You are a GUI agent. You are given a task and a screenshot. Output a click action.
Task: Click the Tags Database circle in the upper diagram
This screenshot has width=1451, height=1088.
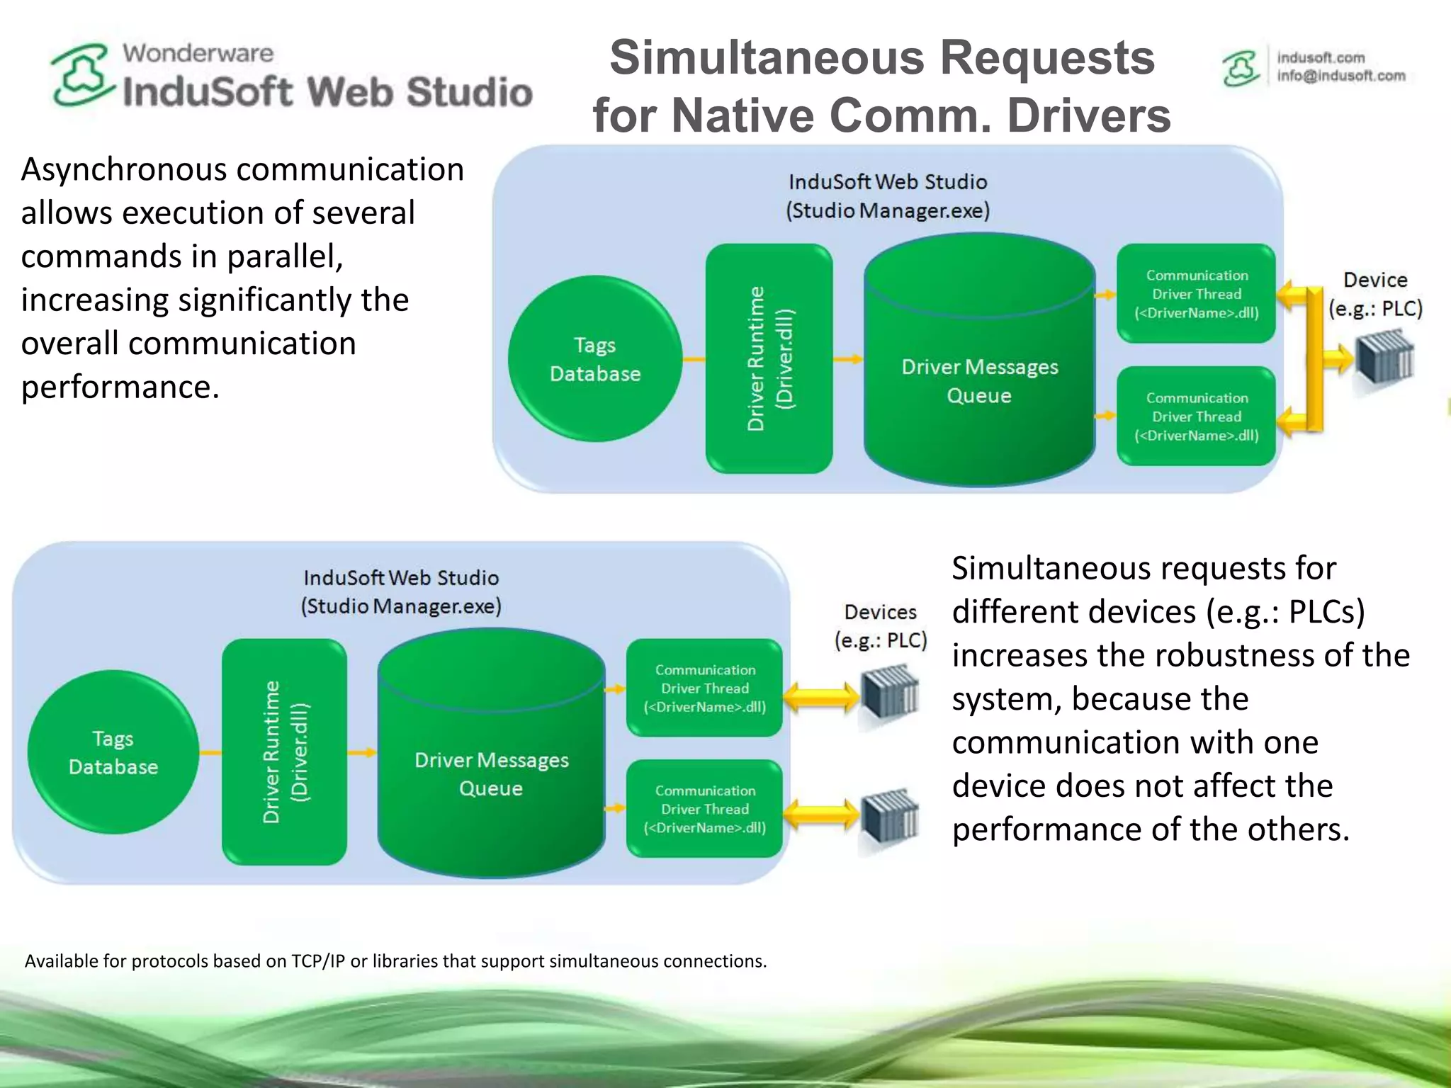click(595, 359)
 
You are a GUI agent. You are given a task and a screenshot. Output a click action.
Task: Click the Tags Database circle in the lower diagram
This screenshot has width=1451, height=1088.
click(113, 752)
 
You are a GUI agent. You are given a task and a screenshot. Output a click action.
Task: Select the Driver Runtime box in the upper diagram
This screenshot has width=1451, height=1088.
click(769, 358)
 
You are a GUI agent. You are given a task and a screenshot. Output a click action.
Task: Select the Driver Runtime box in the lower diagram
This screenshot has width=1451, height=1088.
click(284, 752)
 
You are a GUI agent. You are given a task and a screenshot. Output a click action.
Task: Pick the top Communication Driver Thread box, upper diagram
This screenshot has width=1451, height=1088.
click(1197, 294)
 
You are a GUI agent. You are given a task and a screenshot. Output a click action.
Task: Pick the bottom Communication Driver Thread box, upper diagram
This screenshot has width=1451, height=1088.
click(1197, 416)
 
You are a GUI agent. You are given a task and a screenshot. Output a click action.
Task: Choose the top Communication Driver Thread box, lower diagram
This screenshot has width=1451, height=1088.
click(705, 688)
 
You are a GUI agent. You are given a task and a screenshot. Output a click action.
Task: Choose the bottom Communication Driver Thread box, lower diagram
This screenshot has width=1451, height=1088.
click(705, 809)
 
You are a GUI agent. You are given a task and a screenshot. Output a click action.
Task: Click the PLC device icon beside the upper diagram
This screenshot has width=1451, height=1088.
click(1384, 358)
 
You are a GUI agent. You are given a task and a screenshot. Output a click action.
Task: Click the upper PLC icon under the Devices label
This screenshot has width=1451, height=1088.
click(889, 693)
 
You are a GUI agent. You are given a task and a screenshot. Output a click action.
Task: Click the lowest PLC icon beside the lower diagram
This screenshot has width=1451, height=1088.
click(889, 816)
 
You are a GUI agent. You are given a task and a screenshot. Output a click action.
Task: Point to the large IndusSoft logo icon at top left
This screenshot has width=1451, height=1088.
click(82, 75)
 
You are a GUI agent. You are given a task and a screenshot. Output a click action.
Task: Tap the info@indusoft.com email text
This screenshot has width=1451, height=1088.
click(1340, 76)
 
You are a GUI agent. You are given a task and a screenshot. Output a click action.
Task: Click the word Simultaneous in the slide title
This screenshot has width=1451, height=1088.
click(767, 58)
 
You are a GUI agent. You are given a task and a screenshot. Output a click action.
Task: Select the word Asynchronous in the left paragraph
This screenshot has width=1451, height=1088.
click(124, 170)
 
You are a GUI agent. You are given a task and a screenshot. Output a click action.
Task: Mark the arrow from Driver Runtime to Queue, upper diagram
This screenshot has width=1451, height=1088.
click(847, 359)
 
